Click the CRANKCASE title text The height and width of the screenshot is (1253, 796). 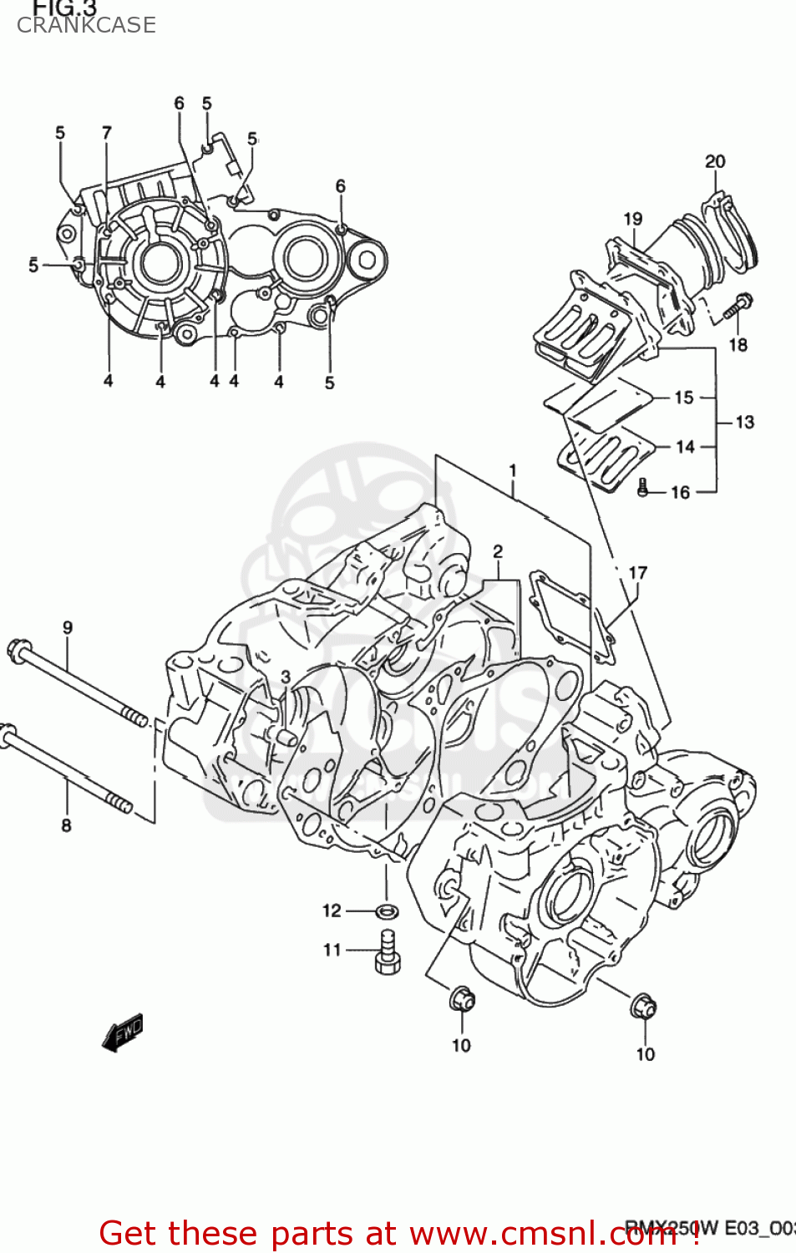(x=86, y=25)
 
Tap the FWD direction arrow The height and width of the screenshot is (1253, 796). (x=123, y=1032)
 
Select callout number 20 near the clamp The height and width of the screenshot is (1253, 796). (x=715, y=161)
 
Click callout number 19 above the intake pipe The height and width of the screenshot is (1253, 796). (x=633, y=219)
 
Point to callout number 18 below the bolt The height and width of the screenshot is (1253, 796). (x=738, y=344)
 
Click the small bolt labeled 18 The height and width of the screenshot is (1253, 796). (x=736, y=307)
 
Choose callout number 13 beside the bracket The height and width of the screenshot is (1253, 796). (x=745, y=422)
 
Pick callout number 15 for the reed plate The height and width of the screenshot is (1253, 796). (x=684, y=398)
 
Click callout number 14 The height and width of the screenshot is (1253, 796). (x=686, y=447)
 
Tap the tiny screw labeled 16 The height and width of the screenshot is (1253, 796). (x=643, y=487)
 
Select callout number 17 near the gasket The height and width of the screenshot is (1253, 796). (x=638, y=573)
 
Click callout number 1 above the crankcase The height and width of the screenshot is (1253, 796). (x=513, y=471)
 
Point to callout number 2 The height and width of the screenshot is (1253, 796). (x=498, y=551)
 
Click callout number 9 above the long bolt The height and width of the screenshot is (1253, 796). (x=68, y=627)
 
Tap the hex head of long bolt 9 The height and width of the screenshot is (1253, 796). (x=18, y=651)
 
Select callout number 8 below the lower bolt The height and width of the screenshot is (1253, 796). (x=66, y=825)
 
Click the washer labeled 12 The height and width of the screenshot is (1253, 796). (x=387, y=911)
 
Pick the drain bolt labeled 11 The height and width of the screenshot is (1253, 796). (x=388, y=951)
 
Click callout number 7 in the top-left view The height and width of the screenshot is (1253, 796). (x=107, y=133)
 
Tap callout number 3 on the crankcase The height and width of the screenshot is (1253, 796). (x=286, y=677)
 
